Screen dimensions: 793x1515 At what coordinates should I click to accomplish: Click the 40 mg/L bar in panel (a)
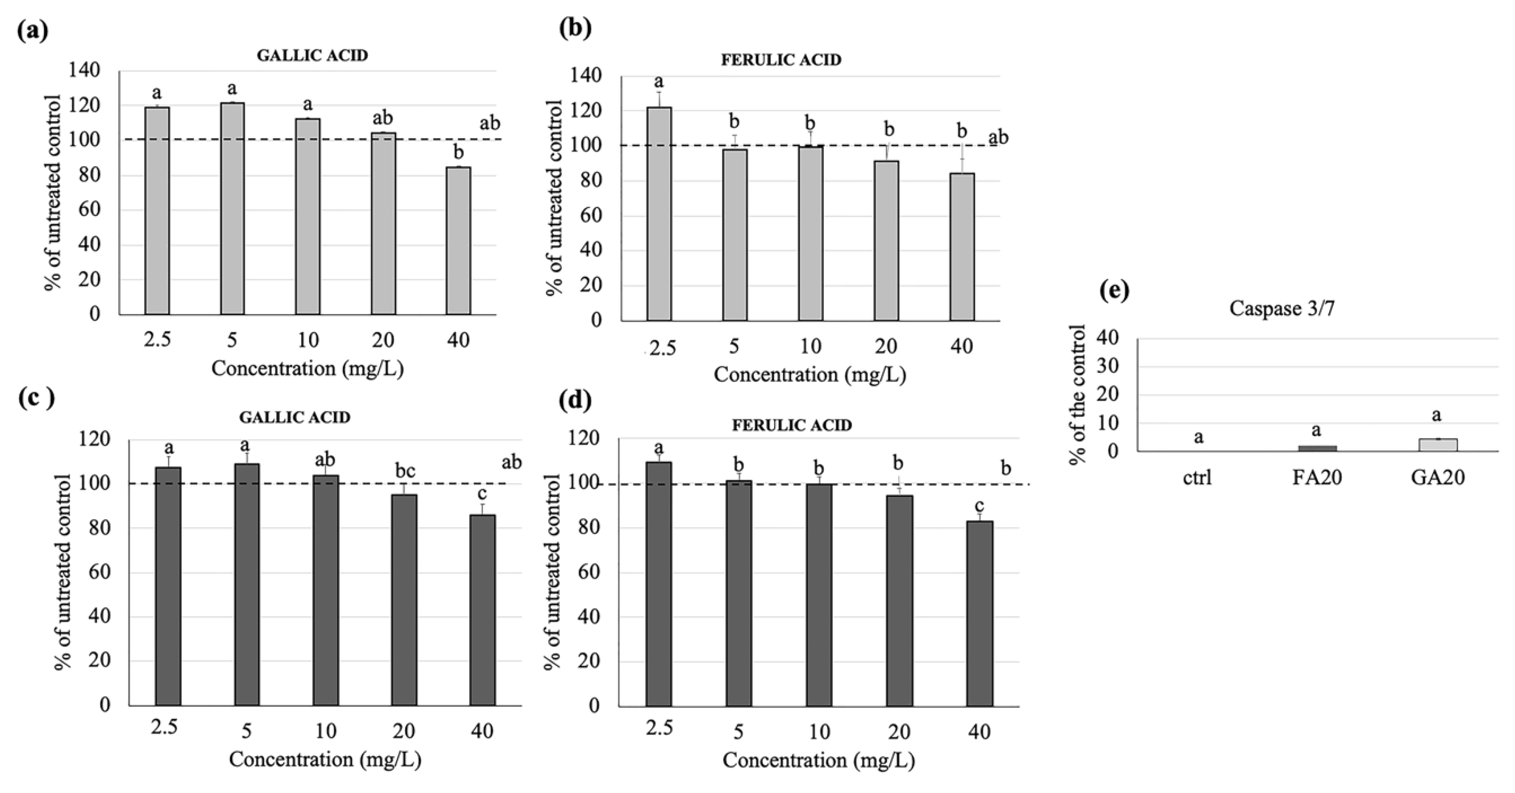point(458,241)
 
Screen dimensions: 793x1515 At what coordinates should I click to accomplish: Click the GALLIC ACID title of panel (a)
point(312,56)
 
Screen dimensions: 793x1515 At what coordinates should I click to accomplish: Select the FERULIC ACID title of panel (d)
point(791,425)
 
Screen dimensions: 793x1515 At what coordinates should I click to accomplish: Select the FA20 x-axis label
point(1317,477)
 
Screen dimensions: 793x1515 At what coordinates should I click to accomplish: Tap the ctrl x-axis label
point(1197,477)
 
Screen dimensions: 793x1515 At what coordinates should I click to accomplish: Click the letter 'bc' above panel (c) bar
point(405,471)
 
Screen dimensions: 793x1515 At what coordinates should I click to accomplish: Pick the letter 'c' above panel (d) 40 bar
point(979,506)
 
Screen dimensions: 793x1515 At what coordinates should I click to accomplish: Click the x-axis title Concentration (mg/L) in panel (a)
point(307,369)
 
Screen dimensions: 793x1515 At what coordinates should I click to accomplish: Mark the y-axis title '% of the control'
point(1077,394)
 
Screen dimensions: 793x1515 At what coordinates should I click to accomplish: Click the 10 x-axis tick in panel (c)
point(325,731)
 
